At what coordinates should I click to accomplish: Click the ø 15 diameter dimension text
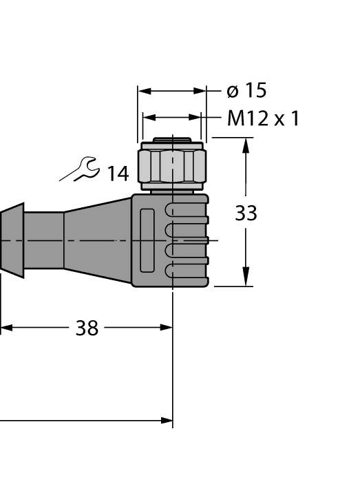(246, 91)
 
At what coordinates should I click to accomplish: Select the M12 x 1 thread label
(263, 118)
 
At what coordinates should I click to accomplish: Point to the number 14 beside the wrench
(117, 174)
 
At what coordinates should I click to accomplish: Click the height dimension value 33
(246, 213)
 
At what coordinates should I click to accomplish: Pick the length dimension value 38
(87, 328)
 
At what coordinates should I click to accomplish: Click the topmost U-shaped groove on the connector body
(186, 211)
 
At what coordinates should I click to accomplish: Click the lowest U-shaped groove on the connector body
(186, 270)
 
